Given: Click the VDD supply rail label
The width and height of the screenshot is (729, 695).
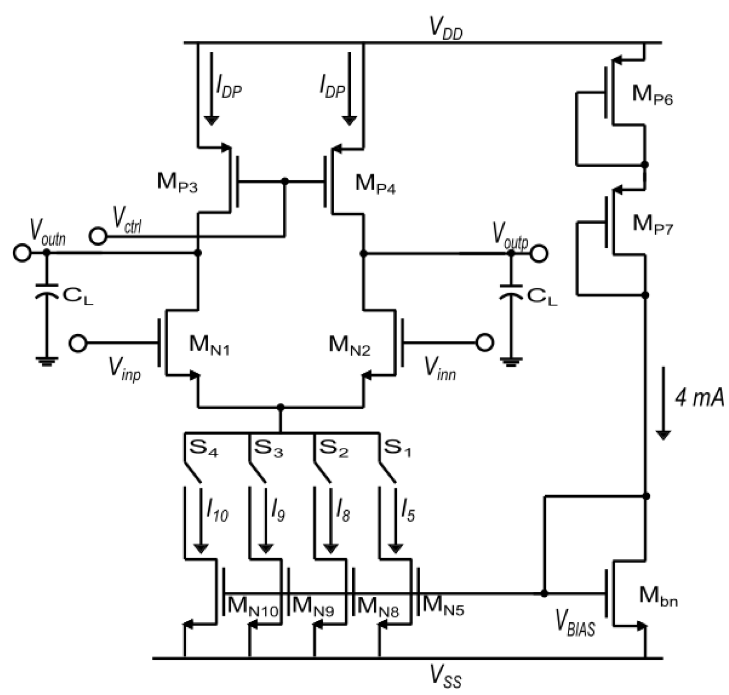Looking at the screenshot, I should click(445, 29).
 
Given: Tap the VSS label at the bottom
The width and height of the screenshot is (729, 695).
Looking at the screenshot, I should click(445, 679).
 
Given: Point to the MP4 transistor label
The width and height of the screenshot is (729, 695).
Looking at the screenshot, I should click(375, 184).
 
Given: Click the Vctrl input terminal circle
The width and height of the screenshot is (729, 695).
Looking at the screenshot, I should click(98, 236).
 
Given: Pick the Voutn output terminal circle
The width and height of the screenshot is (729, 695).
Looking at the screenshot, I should click(22, 253).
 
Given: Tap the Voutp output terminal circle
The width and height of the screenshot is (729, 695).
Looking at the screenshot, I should click(539, 253).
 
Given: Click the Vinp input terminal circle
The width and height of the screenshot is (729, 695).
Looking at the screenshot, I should click(78, 343).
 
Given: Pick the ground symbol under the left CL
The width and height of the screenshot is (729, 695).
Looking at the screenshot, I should click(46, 361).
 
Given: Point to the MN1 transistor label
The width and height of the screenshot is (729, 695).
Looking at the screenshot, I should click(209, 345).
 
